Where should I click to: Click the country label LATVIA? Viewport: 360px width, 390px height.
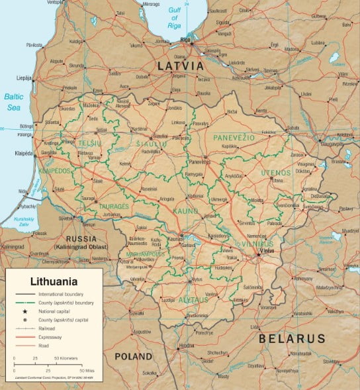[180, 66]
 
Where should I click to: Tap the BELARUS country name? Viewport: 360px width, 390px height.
[292, 338]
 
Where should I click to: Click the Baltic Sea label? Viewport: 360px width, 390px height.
[14, 101]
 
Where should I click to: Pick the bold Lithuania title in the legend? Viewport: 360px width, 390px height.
[50, 281]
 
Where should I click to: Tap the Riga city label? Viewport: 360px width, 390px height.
[185, 41]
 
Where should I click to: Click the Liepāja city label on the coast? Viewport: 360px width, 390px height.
[24, 77]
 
